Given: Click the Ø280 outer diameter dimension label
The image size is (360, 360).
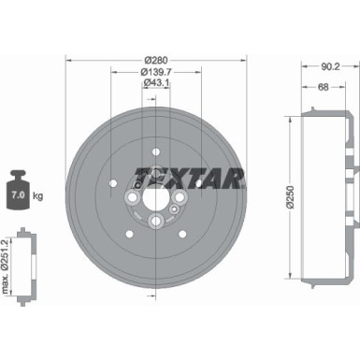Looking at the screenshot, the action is coord(156,60).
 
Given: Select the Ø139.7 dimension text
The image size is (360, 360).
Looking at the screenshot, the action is coord(156,72).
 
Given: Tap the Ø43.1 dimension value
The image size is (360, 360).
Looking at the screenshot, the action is coord(156,83).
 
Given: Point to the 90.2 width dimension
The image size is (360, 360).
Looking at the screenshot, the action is coord(330,66).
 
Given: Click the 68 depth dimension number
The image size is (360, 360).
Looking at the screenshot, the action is coord(323,87).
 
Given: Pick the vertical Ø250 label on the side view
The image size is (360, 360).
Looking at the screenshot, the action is coord(291,197).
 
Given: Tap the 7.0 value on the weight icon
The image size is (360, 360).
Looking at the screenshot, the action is coord(18,195).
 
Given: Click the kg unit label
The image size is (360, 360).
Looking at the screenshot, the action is coord(38,196).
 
